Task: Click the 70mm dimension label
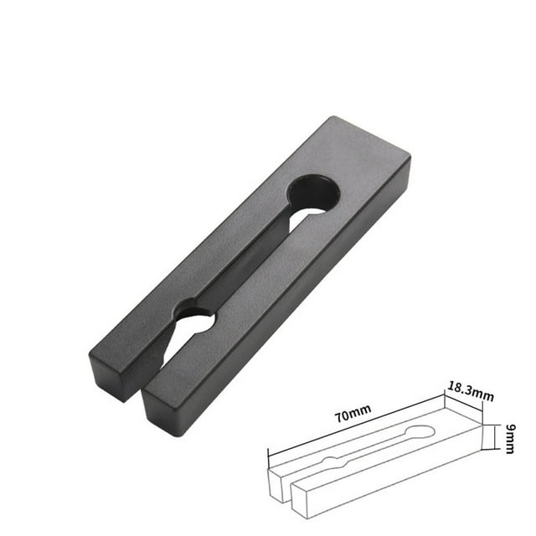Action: tap(352, 411)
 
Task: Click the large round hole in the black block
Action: tap(313, 193)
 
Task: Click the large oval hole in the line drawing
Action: tap(418, 433)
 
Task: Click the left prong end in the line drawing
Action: tap(279, 484)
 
